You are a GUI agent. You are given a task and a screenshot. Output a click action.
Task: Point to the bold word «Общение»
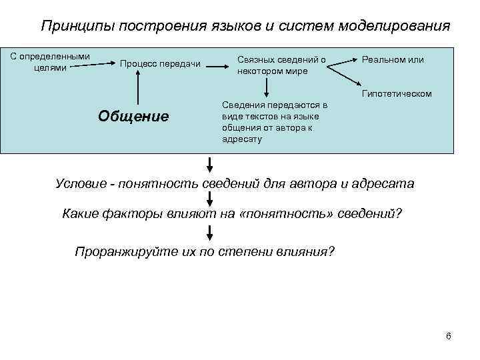pyautogui.click(x=133, y=116)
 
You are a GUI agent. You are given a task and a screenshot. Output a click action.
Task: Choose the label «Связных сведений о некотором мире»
pyautogui.click(x=281, y=65)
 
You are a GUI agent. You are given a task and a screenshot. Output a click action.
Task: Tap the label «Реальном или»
pyautogui.click(x=393, y=60)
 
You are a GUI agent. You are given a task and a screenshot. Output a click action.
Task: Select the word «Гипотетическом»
pyautogui.click(x=397, y=93)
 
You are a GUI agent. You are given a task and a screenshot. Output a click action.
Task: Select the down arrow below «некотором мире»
pyautogui.click(x=267, y=86)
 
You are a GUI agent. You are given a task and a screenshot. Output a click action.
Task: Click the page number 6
pyautogui.click(x=448, y=335)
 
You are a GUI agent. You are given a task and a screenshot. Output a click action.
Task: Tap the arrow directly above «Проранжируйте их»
pyautogui.click(x=210, y=233)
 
